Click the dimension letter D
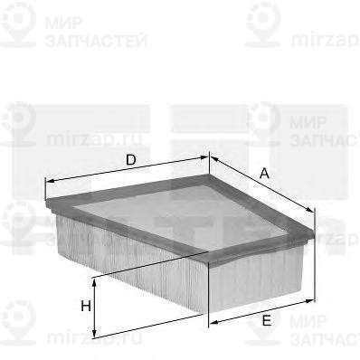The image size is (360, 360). click(x=130, y=160)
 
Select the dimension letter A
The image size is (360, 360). click(x=264, y=173)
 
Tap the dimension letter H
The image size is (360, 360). click(x=85, y=306)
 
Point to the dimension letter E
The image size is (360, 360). click(x=267, y=319)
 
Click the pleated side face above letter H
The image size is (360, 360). click(x=127, y=258)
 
